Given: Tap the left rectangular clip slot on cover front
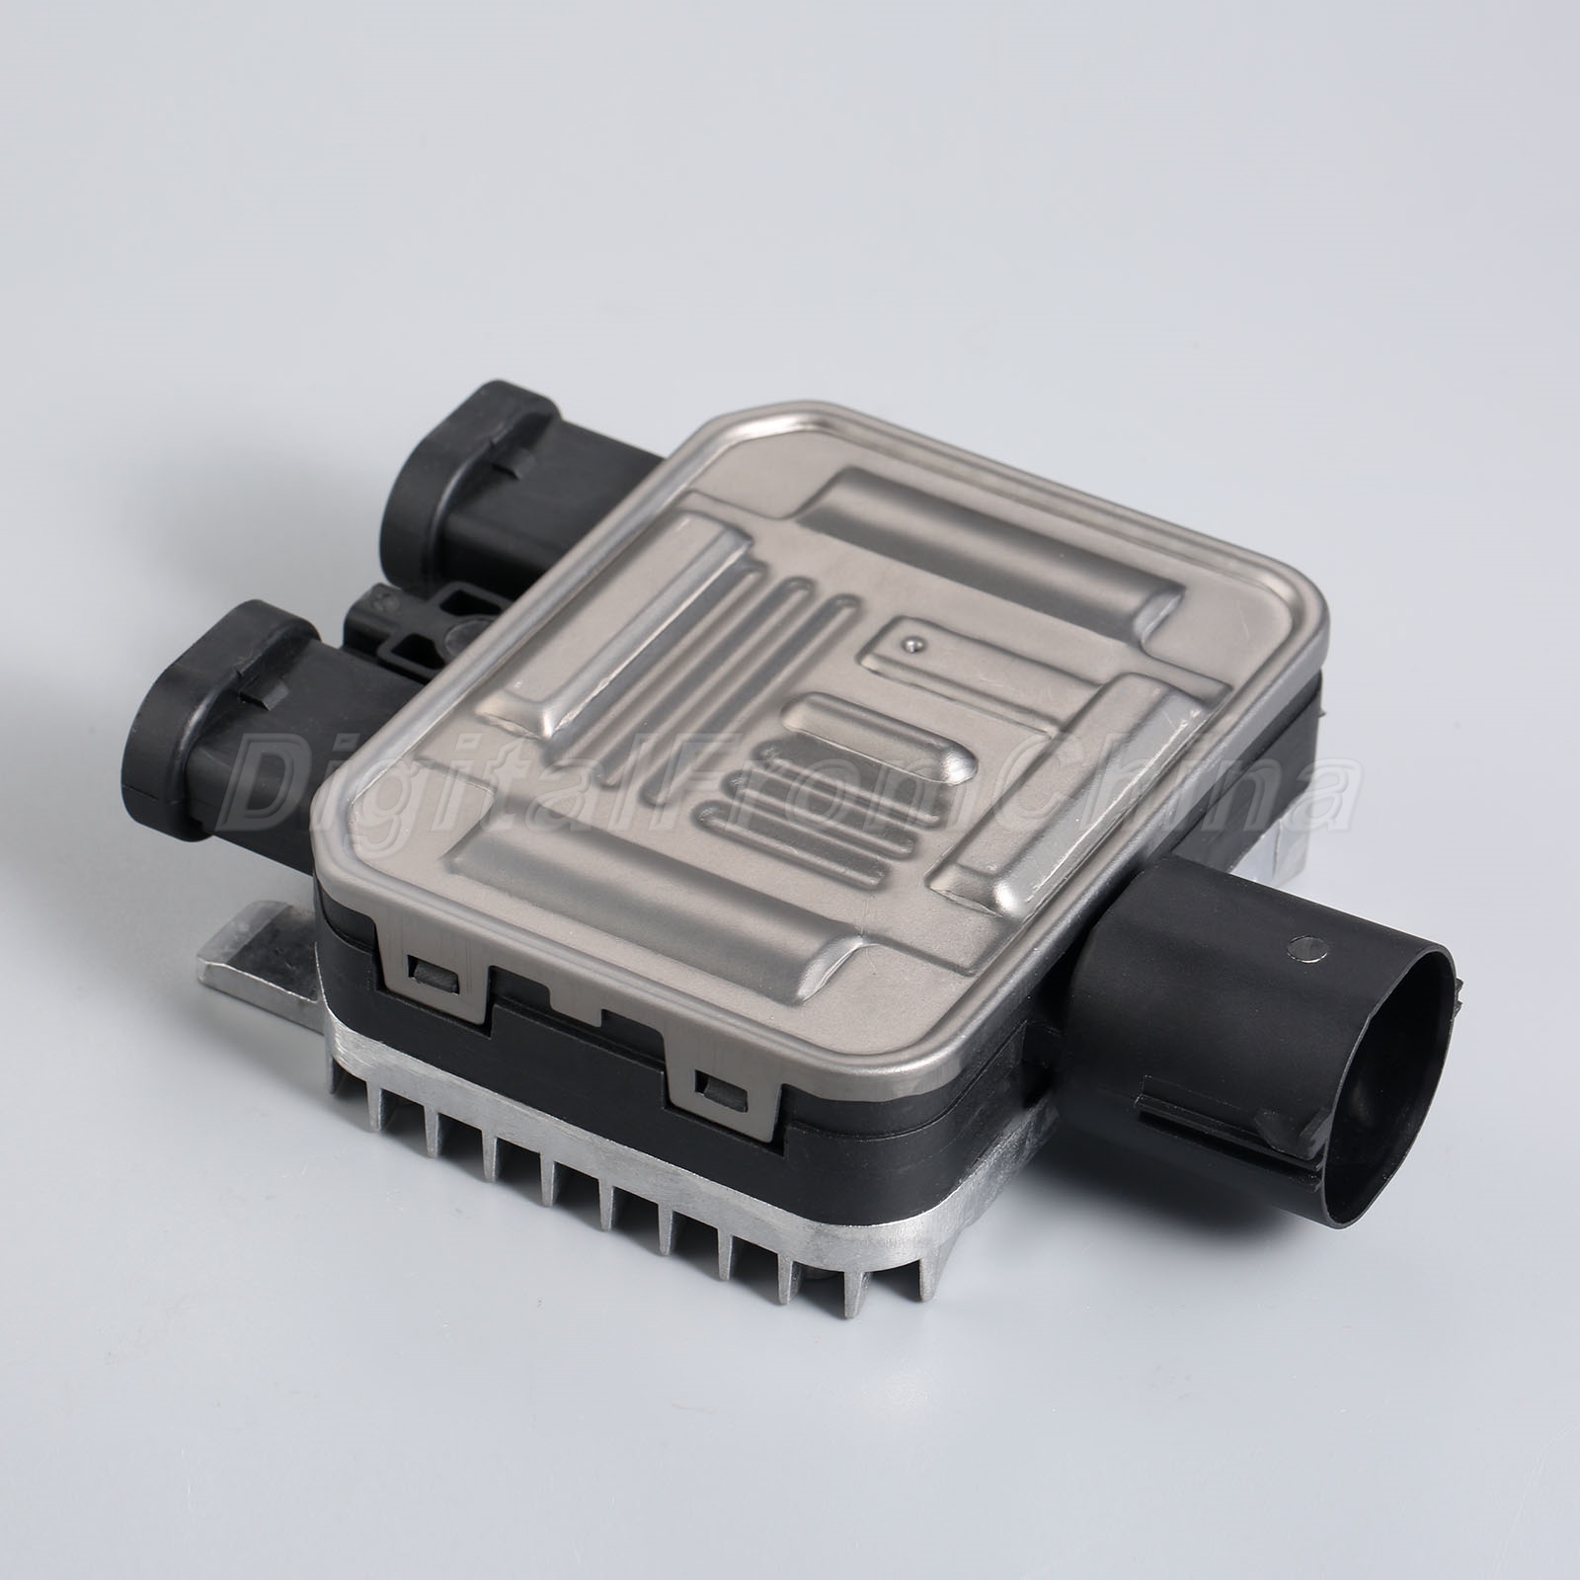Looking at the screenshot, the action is pos(434,998).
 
